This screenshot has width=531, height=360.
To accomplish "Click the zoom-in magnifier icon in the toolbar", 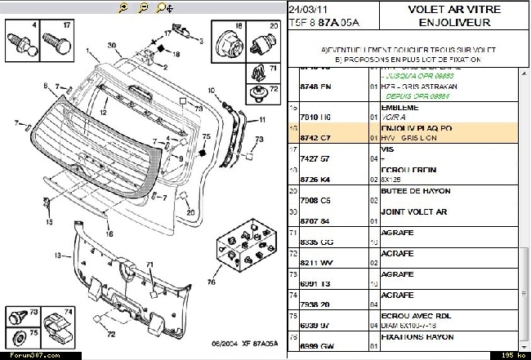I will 123,7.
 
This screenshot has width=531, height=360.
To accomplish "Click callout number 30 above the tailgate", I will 111,45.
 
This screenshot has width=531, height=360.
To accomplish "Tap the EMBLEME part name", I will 400,107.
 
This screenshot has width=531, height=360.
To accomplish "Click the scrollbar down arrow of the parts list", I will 524,345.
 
